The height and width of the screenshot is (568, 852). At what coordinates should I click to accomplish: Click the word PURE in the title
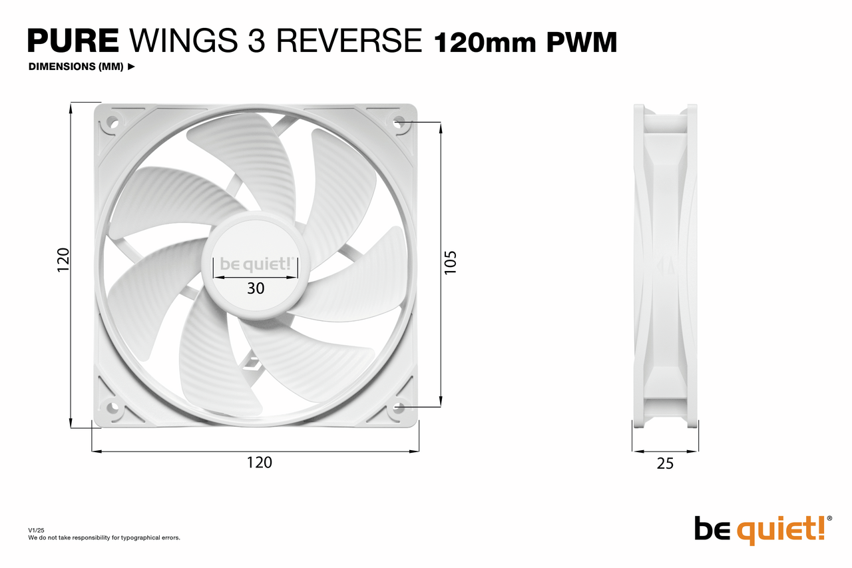pyautogui.click(x=73, y=41)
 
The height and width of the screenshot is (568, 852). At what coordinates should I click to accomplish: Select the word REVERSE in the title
pyautogui.click(x=349, y=41)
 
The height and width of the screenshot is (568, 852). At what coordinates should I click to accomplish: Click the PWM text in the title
pyautogui.click(x=582, y=42)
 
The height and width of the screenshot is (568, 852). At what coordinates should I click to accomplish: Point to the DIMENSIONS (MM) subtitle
pyautogui.click(x=76, y=67)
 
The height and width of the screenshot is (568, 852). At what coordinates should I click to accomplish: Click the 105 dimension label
pyautogui.click(x=450, y=262)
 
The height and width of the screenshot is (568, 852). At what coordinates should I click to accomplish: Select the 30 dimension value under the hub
pyautogui.click(x=256, y=288)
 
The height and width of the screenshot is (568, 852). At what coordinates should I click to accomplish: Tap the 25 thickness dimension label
pyautogui.click(x=665, y=463)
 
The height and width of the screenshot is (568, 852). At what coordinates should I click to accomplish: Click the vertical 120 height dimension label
pyautogui.click(x=63, y=260)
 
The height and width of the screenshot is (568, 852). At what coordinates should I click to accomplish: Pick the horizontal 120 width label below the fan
pyautogui.click(x=260, y=463)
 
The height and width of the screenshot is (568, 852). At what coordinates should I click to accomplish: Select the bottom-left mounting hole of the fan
pyautogui.click(x=112, y=408)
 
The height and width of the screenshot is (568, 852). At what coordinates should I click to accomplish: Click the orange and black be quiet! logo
pyautogui.click(x=763, y=530)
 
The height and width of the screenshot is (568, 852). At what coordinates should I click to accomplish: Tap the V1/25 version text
pyautogui.click(x=36, y=530)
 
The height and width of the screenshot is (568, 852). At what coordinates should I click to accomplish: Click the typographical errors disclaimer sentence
pyautogui.click(x=104, y=538)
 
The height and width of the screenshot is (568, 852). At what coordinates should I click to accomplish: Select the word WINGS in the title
pyautogui.click(x=184, y=41)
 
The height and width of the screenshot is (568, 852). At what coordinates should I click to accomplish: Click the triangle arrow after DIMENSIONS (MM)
pyautogui.click(x=131, y=67)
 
